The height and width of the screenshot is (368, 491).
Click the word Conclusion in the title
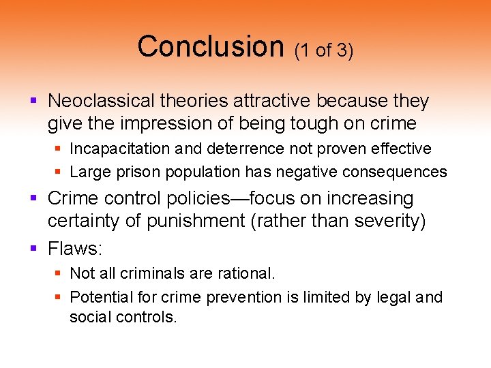(x=210, y=46)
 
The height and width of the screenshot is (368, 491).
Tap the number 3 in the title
(x=343, y=51)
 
